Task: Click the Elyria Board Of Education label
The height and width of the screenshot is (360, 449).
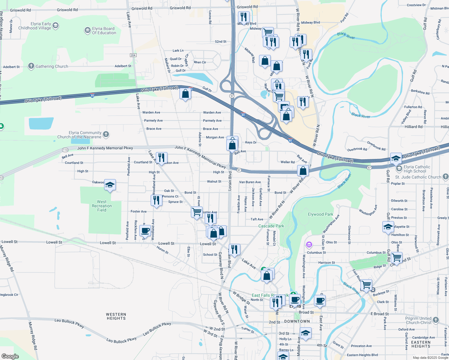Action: [x=104, y=31]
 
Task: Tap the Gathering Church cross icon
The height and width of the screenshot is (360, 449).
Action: [x=31, y=66]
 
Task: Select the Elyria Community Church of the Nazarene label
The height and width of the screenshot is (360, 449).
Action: [x=79, y=135]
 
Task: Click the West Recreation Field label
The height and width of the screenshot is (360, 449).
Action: [x=102, y=206]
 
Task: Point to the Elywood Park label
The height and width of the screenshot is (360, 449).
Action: [x=321, y=214]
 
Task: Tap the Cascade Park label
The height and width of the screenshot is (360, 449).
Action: [x=271, y=226]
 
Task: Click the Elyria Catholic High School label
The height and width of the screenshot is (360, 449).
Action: [x=417, y=169]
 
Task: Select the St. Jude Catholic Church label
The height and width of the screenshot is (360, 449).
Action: [x=418, y=177]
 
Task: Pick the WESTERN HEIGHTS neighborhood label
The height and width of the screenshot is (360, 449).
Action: [x=116, y=316]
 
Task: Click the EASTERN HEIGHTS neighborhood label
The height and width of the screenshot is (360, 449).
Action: [x=421, y=344]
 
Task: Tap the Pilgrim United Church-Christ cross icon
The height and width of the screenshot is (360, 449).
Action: [x=436, y=320]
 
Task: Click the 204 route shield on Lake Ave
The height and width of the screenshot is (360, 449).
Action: [x=133, y=55]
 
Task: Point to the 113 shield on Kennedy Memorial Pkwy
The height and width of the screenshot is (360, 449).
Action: [x=65, y=150]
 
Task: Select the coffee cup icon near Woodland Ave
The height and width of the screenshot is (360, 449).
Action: [x=145, y=231]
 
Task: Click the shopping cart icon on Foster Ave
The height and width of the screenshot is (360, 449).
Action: [x=197, y=212]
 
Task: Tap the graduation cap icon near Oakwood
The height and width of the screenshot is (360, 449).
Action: [x=110, y=185]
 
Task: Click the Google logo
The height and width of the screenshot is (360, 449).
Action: [x=10, y=356]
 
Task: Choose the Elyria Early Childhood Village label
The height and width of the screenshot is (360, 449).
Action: [x=35, y=26]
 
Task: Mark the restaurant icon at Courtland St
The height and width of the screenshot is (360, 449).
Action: [x=161, y=157]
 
